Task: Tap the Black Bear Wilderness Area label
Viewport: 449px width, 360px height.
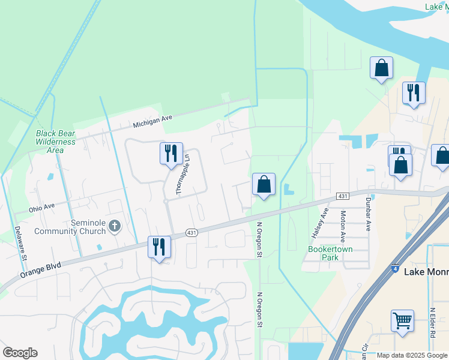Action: coord(56,142)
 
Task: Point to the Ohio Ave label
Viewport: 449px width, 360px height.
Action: coord(42,208)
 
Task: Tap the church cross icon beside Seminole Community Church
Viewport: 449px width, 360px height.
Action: coord(115,226)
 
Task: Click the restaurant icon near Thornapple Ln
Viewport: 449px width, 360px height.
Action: coord(171,153)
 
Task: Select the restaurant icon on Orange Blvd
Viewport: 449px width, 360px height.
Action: coord(159,247)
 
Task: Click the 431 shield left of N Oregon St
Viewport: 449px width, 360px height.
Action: coord(191,233)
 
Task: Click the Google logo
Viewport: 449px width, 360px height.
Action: coord(20,353)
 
